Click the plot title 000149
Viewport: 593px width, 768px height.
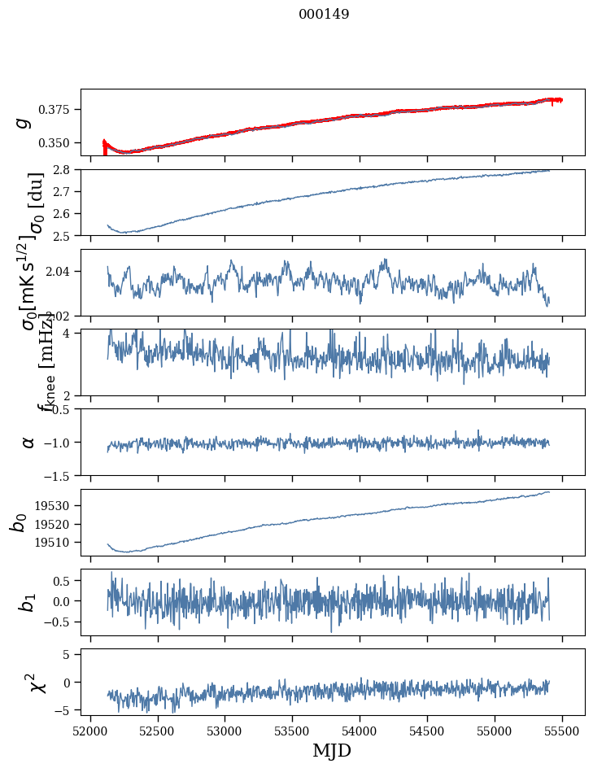pyautogui.click(x=324, y=14)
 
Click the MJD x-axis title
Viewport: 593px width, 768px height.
pyautogui.click(x=332, y=750)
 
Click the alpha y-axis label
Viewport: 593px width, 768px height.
pyautogui.click(x=28, y=442)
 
